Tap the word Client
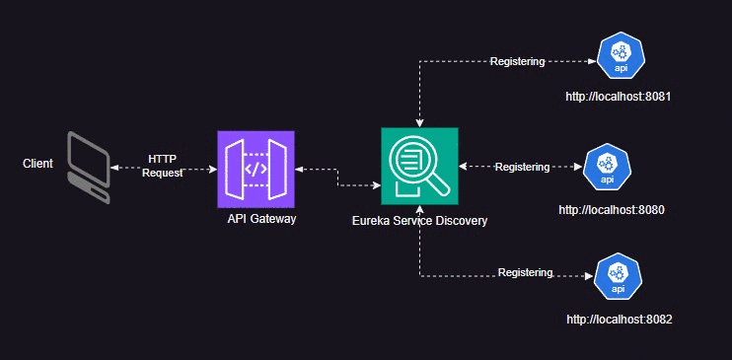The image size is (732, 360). pyautogui.click(x=37, y=163)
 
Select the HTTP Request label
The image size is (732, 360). pyautogui.click(x=163, y=166)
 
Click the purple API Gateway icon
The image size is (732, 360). pyautogui.click(x=256, y=169)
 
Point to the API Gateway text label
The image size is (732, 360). pyautogui.click(x=261, y=219)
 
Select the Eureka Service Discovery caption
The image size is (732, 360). pyautogui.click(x=419, y=222)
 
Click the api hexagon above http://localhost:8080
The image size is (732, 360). pyautogui.click(x=607, y=167)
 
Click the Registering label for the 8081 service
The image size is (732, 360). pyautogui.click(x=517, y=62)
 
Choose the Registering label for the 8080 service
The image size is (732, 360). pyautogui.click(x=522, y=168)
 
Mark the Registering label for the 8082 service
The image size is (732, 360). pyautogui.click(x=525, y=272)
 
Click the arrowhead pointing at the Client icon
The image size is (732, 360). pyautogui.click(x=112, y=168)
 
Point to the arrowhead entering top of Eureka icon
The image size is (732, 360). pyautogui.click(x=420, y=123)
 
